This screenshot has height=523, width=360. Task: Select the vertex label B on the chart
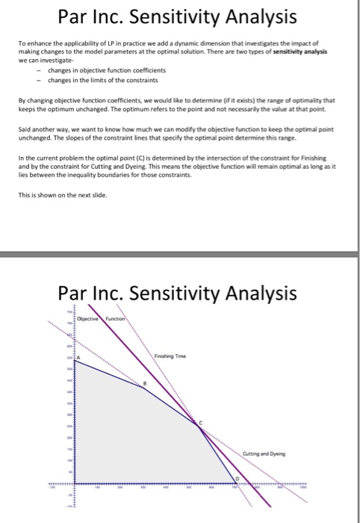point(146,383)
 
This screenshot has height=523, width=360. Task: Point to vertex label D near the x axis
point(239,477)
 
